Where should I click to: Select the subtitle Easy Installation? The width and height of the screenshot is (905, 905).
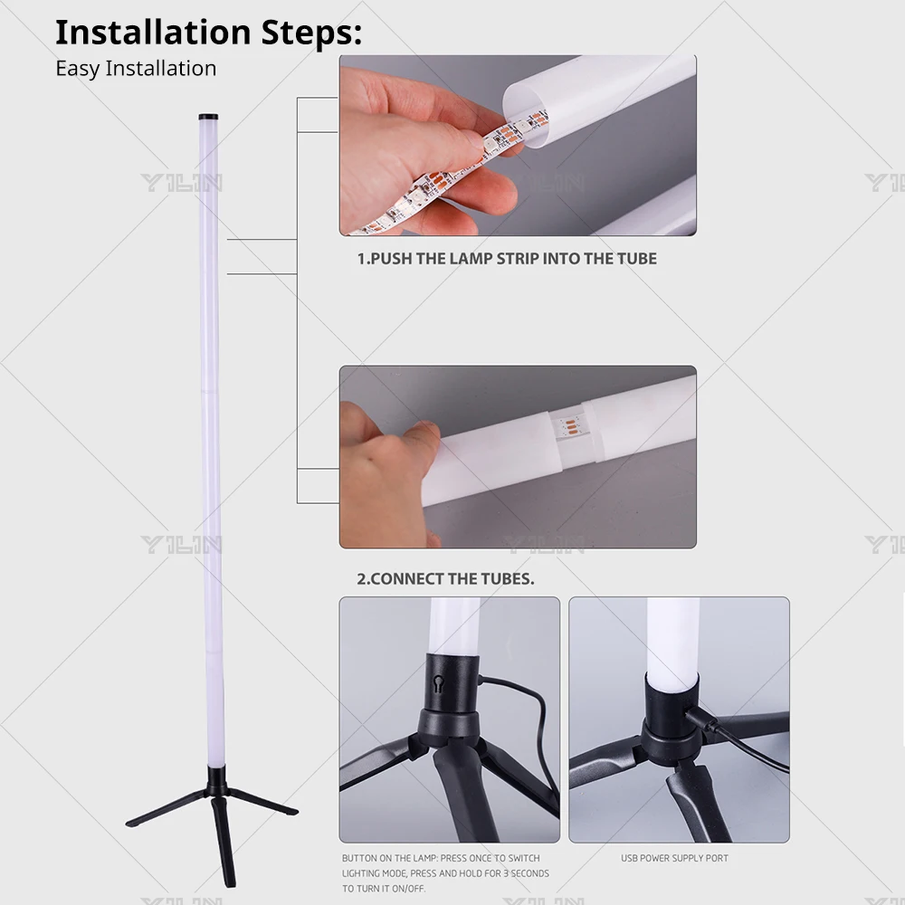tap(136, 69)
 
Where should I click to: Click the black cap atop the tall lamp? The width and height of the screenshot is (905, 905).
tap(208, 118)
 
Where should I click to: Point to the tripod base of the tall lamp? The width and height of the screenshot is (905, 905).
tap(214, 805)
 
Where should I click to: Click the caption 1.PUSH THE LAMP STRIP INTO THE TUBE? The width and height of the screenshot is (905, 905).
tap(507, 259)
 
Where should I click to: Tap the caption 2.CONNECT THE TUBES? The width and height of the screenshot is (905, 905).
tap(445, 579)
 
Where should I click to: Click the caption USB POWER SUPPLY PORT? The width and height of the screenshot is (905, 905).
tap(674, 858)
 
